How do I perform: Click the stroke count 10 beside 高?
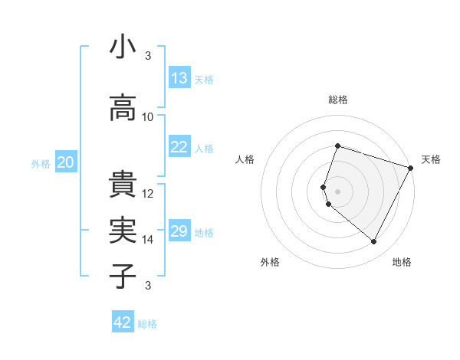[148, 117]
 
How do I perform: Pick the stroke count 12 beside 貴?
[148, 194]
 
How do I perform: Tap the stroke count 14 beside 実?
[148, 240]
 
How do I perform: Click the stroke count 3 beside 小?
[147, 56]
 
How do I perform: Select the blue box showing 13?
[179, 78]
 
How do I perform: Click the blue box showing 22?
[179, 148]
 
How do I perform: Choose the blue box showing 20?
[66, 162]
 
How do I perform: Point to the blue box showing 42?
[123, 322]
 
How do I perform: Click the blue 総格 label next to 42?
[147, 324]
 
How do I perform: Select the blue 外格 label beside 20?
[41, 163]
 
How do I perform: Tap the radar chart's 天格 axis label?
[431, 159]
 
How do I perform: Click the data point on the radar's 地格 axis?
[373, 242]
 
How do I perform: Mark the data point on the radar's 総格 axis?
[337, 146]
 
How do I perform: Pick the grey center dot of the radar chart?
[337, 191]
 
